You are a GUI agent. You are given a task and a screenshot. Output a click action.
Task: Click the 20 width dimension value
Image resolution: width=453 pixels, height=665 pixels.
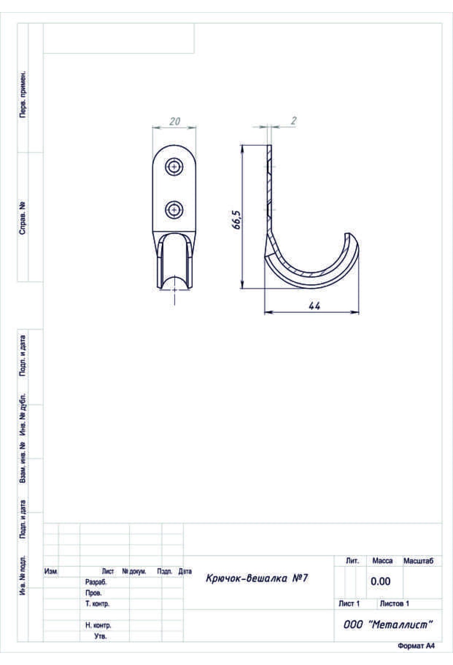pos(175,121)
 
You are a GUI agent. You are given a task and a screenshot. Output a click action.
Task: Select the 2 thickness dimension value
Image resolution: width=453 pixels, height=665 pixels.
pos(294,121)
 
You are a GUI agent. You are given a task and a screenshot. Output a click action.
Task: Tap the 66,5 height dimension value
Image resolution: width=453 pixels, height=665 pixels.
pos(237,220)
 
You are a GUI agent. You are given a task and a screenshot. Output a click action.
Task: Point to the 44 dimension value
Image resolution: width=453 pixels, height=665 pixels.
pos(314,306)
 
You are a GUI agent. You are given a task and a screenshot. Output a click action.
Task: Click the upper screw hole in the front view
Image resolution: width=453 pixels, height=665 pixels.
pos(174,166)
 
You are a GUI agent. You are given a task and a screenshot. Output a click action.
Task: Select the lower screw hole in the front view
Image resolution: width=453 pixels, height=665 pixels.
pos(174,209)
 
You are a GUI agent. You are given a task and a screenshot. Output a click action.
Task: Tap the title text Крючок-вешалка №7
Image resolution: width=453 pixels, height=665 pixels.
pos(257,578)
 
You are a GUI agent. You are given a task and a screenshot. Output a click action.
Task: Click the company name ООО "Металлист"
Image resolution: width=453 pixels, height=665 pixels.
pos(387,625)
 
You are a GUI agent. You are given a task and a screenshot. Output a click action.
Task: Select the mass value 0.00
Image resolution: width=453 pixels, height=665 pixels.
pos(381,581)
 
